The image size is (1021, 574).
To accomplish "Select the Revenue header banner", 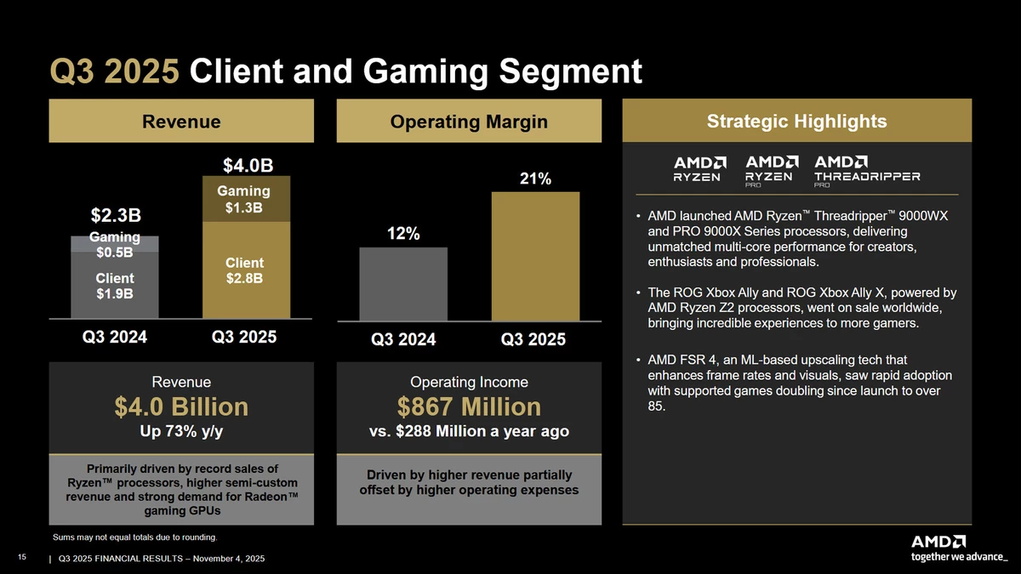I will pyautogui.click(x=181, y=122).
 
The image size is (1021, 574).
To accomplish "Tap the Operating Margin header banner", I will pyautogui.click(x=469, y=122).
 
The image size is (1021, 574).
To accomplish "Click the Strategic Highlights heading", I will pyautogui.click(x=796, y=122).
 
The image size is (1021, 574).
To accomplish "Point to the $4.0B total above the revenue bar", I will pyautogui.click(x=248, y=164).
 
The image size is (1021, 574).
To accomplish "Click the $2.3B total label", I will pyautogui.click(x=117, y=213).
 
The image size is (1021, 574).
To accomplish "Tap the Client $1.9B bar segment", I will pyautogui.click(x=114, y=287).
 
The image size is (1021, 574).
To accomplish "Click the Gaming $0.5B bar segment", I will pyautogui.click(x=114, y=245).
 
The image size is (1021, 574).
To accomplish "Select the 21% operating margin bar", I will pyautogui.click(x=535, y=255).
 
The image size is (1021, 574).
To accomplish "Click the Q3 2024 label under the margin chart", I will pyautogui.click(x=403, y=340).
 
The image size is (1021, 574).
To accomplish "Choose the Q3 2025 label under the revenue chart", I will pyautogui.click(x=243, y=337).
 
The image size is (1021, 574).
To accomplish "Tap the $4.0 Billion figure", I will pyautogui.click(x=181, y=406).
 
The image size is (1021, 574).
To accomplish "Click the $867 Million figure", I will pyautogui.click(x=469, y=406).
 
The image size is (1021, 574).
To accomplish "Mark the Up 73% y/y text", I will pyautogui.click(x=181, y=432).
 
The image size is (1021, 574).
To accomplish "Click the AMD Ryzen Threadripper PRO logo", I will pyautogui.click(x=867, y=169).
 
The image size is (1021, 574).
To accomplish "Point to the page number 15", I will pyautogui.click(x=23, y=556).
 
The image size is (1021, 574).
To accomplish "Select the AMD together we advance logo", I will pyautogui.click(x=958, y=548).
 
